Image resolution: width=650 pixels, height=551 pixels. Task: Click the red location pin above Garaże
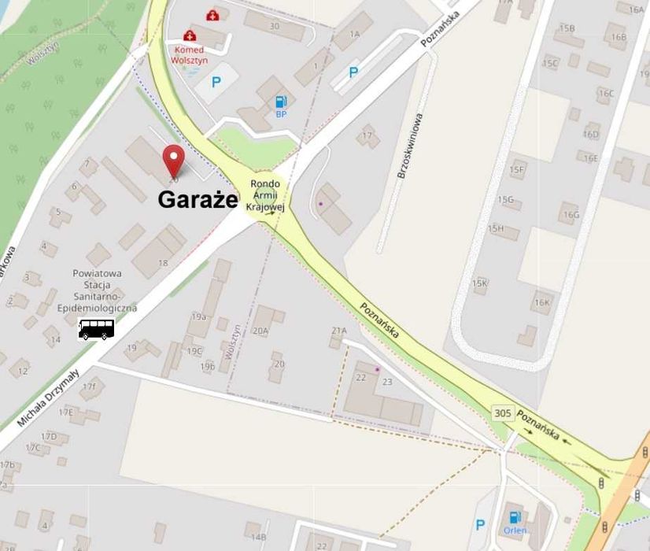(x=173, y=160)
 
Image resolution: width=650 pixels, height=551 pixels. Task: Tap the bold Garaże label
(x=198, y=200)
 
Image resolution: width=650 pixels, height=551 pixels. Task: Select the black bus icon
(x=97, y=329)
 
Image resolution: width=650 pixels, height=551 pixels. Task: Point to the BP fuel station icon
(x=281, y=102)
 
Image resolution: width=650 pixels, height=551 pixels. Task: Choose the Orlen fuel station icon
(x=515, y=518)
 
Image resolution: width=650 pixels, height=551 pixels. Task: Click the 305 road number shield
(x=503, y=412)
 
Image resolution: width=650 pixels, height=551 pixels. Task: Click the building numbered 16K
(x=541, y=302)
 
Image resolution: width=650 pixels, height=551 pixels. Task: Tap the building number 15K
(x=479, y=283)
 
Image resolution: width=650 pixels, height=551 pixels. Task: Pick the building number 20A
(x=260, y=331)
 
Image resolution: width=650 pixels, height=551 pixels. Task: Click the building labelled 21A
(x=339, y=330)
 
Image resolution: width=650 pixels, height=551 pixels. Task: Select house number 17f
(x=89, y=386)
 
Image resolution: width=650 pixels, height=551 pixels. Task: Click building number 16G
(x=570, y=214)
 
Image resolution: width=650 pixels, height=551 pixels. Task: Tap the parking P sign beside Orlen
(x=480, y=524)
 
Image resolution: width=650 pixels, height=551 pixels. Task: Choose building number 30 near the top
(x=274, y=26)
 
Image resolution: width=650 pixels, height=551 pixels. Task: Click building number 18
(x=163, y=263)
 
